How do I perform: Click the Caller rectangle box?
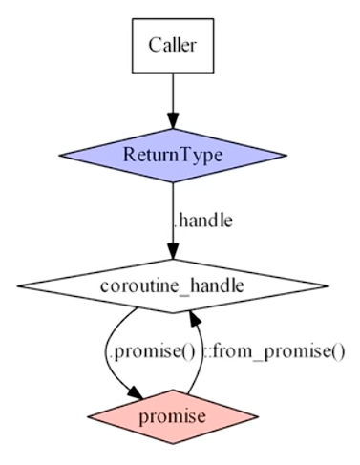click(172, 44)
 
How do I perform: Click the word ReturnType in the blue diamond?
click(172, 153)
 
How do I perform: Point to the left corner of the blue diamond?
click(60, 153)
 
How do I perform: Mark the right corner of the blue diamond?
click(285, 153)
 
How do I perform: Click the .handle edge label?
click(202, 220)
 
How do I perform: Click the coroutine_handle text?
click(172, 285)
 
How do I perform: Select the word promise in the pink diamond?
click(172, 417)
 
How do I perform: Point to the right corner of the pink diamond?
click(257, 417)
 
